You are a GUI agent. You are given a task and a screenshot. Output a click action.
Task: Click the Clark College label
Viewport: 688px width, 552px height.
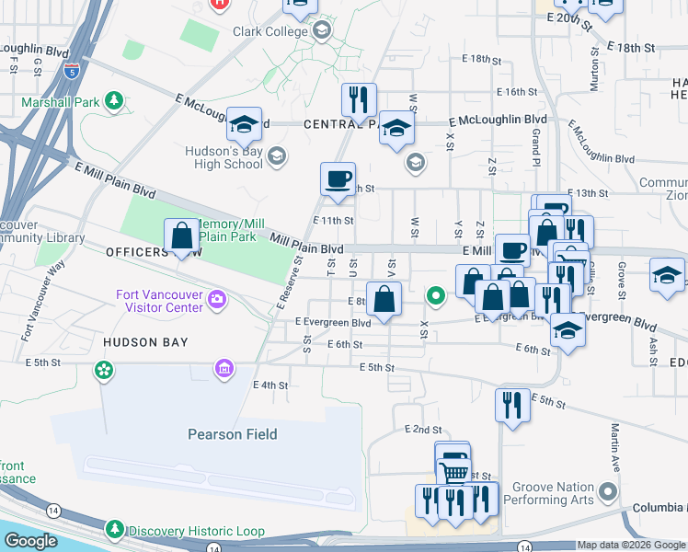[x=272, y=31]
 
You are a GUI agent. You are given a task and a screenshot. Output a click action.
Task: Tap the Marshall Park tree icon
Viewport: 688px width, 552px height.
[x=115, y=98]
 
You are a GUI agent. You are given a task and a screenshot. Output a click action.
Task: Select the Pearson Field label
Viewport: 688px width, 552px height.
[x=233, y=434]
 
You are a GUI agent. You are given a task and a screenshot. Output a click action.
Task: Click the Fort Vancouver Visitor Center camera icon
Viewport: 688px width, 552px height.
[x=217, y=298]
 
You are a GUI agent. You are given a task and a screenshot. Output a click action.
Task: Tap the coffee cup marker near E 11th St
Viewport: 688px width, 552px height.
[x=338, y=178]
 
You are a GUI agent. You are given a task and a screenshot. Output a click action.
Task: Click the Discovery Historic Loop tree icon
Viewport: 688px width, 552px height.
[x=115, y=529]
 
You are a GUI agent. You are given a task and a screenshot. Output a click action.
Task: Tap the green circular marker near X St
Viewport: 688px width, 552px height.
[x=436, y=296]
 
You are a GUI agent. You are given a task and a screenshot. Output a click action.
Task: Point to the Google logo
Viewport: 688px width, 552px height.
[x=30, y=541]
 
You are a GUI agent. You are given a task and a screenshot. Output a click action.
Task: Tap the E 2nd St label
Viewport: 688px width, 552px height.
[x=423, y=430]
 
